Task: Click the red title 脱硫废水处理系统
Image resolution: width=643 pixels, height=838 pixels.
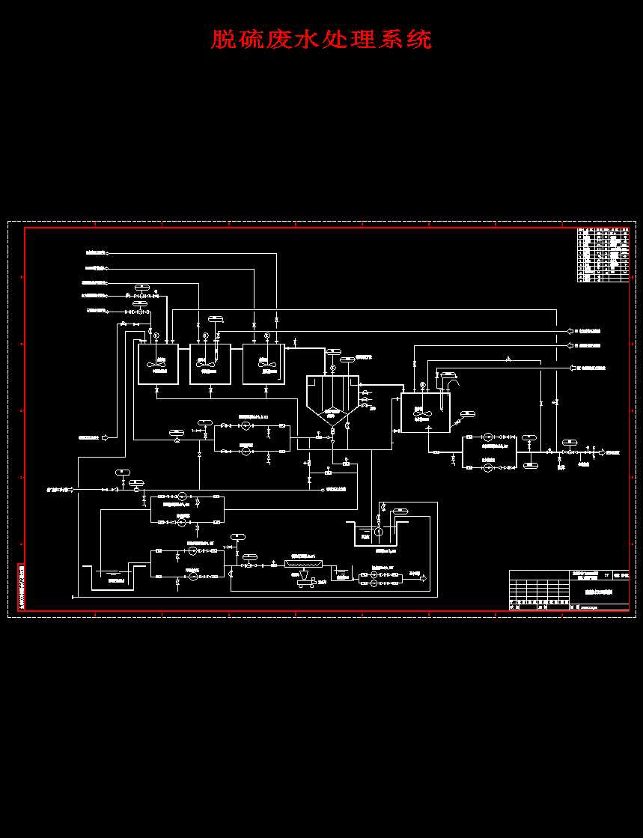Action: click(x=321, y=39)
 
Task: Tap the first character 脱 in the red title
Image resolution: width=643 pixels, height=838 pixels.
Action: click(x=222, y=39)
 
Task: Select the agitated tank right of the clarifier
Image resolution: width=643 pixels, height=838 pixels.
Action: click(x=426, y=413)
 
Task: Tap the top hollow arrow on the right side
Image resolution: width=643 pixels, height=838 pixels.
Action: click(x=570, y=330)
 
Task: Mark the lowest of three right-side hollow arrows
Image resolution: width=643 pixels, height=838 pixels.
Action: click(x=574, y=368)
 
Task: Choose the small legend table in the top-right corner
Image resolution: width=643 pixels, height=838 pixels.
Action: click(x=603, y=255)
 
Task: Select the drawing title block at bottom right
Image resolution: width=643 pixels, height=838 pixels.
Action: click(x=569, y=591)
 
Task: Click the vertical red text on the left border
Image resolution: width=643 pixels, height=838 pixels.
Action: click(x=20, y=587)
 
